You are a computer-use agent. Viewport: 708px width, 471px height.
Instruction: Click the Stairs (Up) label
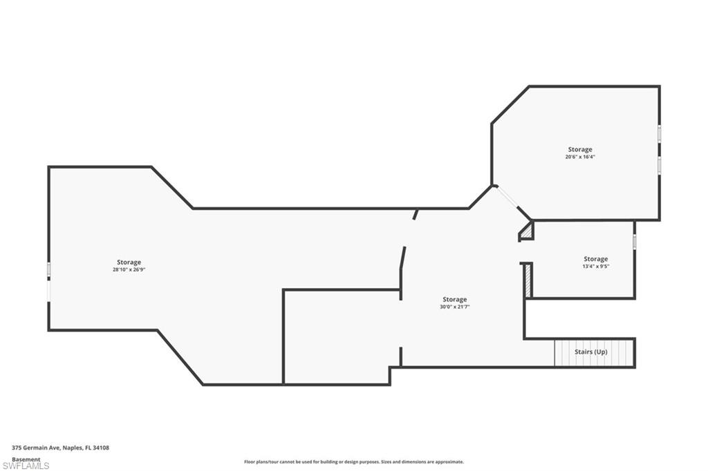coord(591,352)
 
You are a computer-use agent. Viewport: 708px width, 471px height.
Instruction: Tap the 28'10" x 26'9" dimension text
coord(129,270)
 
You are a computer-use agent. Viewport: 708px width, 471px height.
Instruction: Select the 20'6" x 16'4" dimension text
coord(580,157)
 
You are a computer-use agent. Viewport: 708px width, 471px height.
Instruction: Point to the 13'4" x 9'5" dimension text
coord(595,267)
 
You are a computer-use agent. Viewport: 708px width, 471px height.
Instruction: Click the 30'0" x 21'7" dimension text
coord(454,307)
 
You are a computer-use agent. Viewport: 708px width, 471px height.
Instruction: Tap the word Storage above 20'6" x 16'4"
coord(580,149)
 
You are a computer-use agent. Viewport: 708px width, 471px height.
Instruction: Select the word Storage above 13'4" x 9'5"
coord(595,259)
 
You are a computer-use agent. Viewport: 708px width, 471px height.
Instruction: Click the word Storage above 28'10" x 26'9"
coord(129,262)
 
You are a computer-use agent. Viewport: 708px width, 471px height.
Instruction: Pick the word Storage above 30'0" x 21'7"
coord(454,300)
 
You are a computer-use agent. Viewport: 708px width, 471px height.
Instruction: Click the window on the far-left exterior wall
coord(48,270)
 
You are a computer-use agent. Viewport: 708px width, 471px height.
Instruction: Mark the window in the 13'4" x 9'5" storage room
coord(634,242)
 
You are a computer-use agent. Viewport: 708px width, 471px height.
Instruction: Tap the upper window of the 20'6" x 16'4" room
coord(659,133)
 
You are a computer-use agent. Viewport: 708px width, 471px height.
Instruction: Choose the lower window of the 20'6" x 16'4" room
coord(659,164)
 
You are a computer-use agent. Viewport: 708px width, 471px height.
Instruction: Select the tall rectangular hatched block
coord(528,281)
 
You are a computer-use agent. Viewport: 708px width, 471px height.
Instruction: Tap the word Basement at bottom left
coord(26,459)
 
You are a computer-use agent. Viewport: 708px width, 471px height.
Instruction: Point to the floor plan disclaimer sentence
coord(353,462)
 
